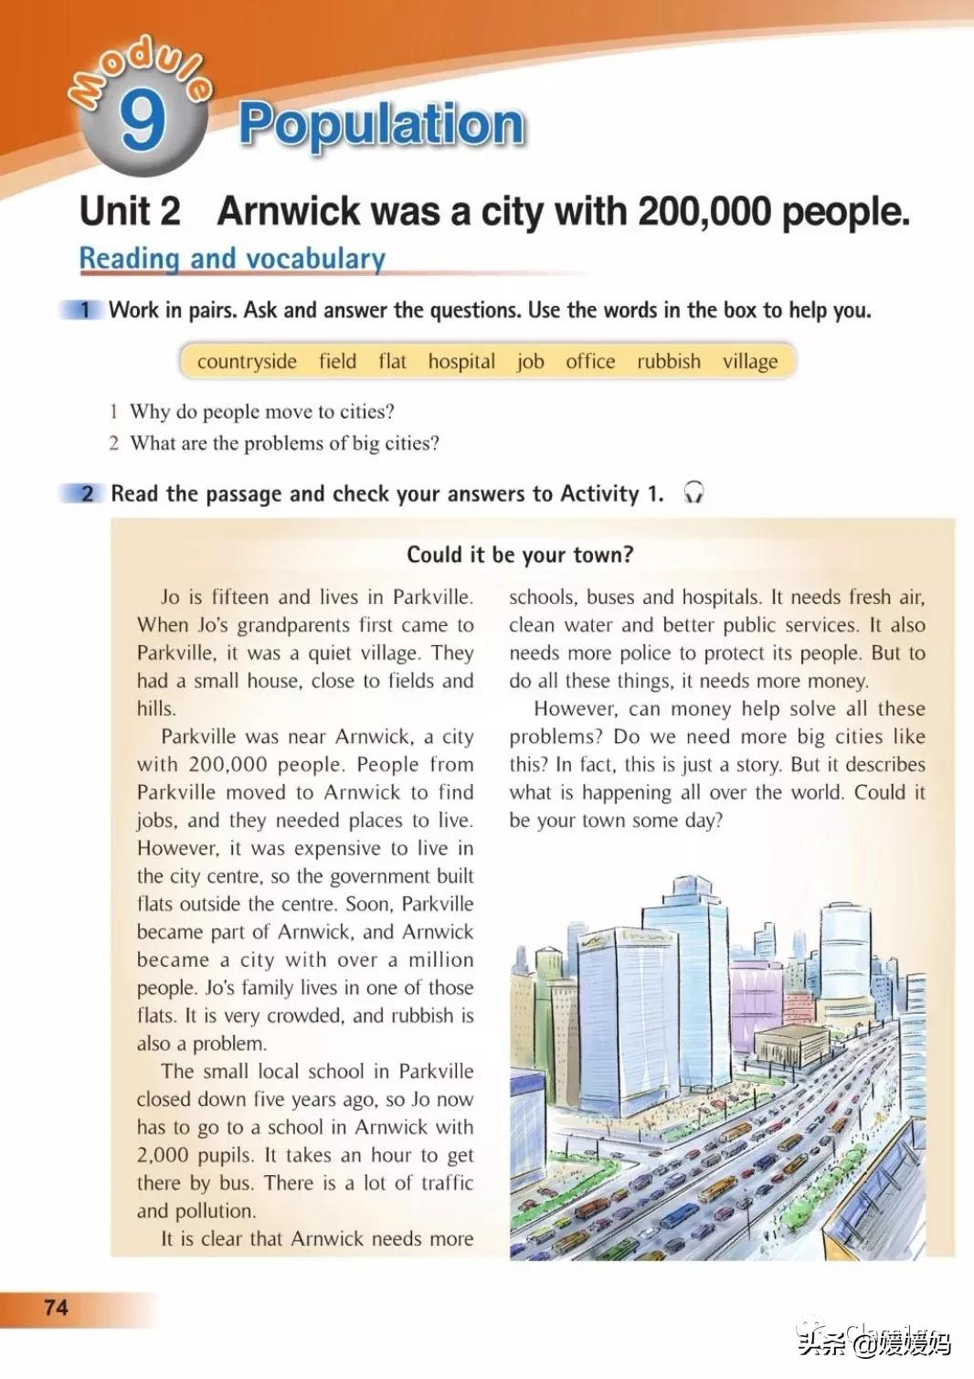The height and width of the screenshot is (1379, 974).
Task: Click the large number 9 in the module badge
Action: click(x=143, y=122)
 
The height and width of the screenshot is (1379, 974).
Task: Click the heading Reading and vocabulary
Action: click(x=232, y=259)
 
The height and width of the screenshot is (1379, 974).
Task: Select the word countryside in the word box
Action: click(x=247, y=361)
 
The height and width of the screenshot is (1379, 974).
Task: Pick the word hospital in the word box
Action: click(x=461, y=361)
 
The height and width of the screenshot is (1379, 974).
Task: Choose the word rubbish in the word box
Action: click(x=669, y=361)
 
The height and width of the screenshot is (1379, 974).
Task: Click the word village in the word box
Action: click(x=750, y=361)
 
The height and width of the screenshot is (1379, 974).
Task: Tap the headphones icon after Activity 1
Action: click(x=693, y=493)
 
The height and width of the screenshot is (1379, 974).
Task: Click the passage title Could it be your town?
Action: click(x=520, y=555)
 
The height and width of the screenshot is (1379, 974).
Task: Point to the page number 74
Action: click(x=56, y=1308)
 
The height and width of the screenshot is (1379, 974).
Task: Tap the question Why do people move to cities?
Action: click(x=262, y=411)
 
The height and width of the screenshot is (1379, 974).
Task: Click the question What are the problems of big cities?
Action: click(x=284, y=443)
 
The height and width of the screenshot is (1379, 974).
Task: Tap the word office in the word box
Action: click(x=590, y=361)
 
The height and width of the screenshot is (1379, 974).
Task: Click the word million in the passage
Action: click(x=441, y=960)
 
